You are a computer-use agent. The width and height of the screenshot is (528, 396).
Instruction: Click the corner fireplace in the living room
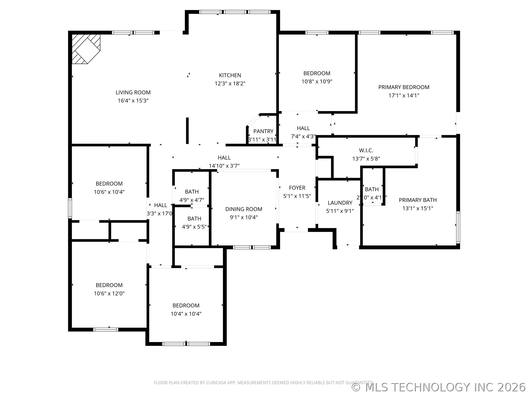(x=86, y=49)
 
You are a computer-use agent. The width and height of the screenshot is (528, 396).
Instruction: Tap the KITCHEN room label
(x=230, y=75)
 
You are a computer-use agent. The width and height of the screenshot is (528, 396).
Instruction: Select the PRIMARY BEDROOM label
(x=404, y=87)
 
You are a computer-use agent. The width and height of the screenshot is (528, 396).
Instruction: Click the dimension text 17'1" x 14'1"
(x=404, y=95)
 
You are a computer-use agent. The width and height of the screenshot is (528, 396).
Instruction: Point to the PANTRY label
(x=263, y=131)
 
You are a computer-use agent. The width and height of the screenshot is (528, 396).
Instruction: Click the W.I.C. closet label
(x=366, y=150)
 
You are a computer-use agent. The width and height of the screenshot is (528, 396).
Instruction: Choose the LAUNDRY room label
(x=340, y=203)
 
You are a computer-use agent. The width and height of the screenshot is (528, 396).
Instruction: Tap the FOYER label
(x=297, y=188)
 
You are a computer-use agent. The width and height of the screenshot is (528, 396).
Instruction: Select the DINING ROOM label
(x=244, y=209)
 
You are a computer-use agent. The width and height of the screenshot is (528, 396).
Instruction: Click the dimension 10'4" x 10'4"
(x=186, y=314)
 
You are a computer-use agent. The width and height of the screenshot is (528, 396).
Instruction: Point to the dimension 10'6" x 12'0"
(x=109, y=293)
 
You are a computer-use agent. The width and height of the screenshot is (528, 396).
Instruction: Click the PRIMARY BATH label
(x=418, y=200)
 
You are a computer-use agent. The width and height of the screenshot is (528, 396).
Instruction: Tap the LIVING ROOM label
(x=133, y=92)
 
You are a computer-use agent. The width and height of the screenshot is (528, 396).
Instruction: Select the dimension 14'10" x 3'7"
(x=224, y=166)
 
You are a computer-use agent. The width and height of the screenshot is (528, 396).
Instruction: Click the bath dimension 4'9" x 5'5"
(x=194, y=227)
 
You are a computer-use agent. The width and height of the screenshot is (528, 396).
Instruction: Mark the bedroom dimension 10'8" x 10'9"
(x=317, y=81)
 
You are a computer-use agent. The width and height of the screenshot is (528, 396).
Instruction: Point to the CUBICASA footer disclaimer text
(x=263, y=383)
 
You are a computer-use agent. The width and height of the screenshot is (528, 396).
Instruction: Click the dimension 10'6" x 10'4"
(x=109, y=192)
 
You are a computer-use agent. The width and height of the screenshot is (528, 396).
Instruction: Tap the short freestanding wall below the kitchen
(x=187, y=131)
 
